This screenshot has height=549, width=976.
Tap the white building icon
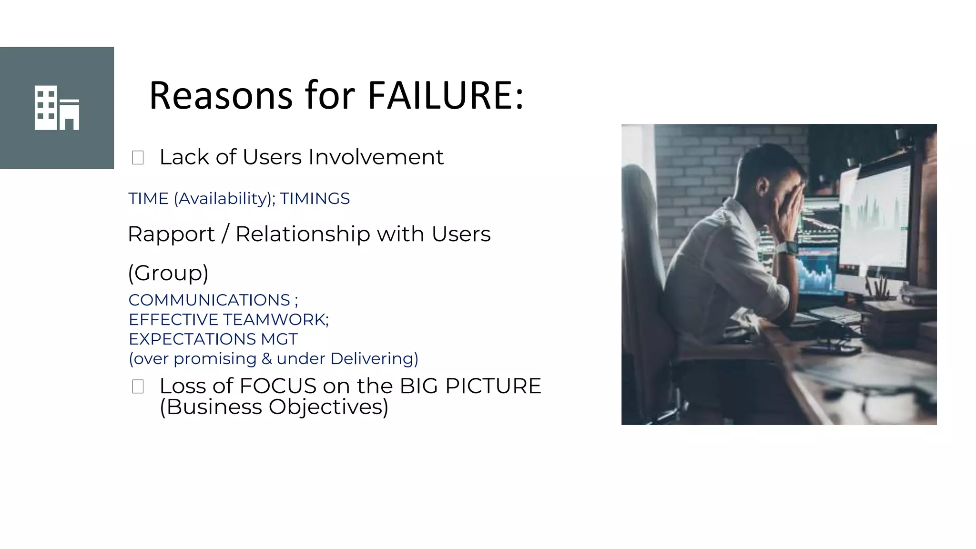[57, 108]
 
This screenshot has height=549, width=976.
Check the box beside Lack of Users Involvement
[138, 158]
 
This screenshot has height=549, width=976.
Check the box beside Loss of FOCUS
[138, 386]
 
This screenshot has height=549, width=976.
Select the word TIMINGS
[315, 198]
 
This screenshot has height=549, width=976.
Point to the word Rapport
[171, 234]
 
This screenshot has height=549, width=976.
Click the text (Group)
[168, 273]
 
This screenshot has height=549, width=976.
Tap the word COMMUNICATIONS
[209, 300]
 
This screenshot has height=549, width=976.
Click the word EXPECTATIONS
[193, 339]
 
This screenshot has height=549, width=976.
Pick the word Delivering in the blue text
[374, 359]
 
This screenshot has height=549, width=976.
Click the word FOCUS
[278, 386]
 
